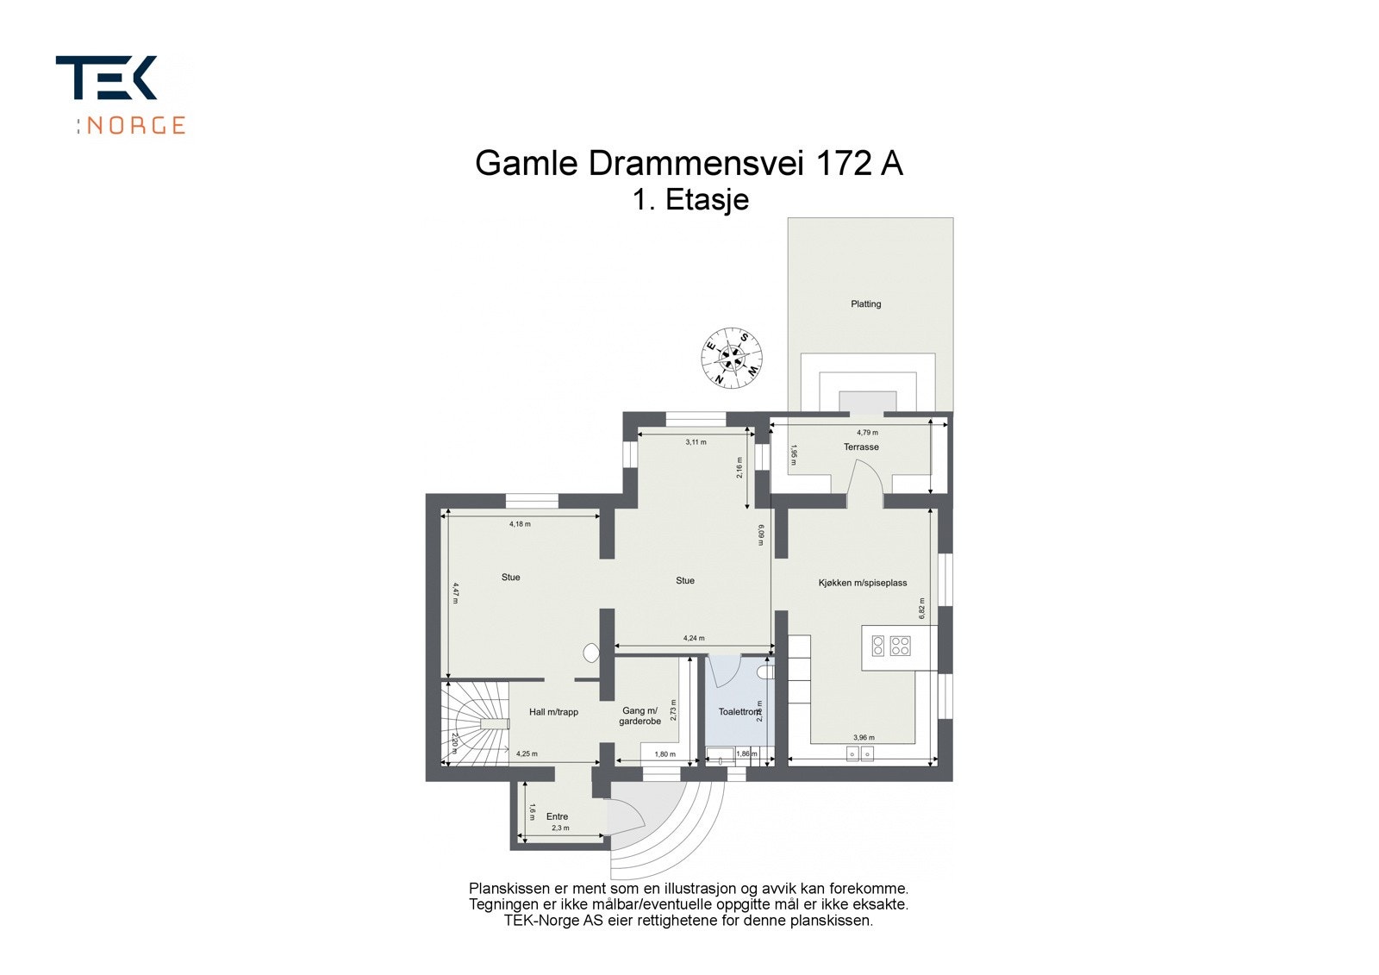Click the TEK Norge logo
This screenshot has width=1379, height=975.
[x=121, y=95]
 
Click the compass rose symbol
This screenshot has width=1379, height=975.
[x=732, y=358]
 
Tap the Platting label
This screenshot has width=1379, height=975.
[x=865, y=303]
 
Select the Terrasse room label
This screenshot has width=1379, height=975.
[x=861, y=447]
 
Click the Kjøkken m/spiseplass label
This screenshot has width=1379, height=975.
[x=863, y=583]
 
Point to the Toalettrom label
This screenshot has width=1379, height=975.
[x=739, y=712]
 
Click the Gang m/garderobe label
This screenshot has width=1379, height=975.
[x=640, y=716]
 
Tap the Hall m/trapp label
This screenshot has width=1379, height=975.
[x=553, y=712]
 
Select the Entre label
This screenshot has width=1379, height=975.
[x=557, y=816]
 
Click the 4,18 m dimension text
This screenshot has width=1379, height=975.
[x=520, y=524]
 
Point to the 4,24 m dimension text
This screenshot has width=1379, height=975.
[x=694, y=639]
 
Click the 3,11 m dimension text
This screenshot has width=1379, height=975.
[x=696, y=442]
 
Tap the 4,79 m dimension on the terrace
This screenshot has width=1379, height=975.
[x=867, y=433]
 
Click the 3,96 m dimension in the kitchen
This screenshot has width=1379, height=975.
[x=864, y=738]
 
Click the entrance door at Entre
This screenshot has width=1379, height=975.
[x=626, y=823]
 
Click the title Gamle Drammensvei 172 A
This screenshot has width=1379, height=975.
[x=689, y=163]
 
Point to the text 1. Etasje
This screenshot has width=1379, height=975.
[x=689, y=200]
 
